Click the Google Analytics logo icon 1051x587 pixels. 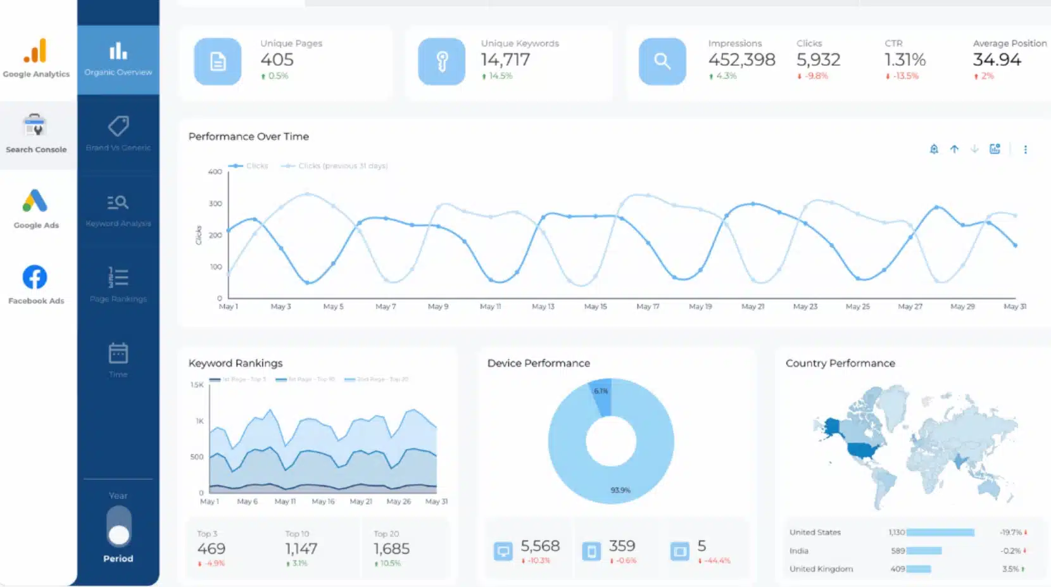click(35, 51)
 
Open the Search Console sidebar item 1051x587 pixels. click(36, 134)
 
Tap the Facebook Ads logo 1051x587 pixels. click(35, 277)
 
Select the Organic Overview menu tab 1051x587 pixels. click(118, 59)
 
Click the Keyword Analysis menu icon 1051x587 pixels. click(118, 203)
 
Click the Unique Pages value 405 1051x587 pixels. click(277, 60)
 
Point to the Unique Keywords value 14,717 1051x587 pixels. click(505, 60)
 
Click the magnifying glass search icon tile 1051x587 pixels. click(662, 61)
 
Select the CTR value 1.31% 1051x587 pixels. click(905, 60)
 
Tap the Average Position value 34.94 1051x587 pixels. click(997, 60)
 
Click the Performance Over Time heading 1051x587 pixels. click(249, 137)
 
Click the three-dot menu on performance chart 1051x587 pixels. click(1025, 149)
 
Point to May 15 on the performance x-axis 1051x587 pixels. click(595, 306)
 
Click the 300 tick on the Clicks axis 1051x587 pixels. click(216, 204)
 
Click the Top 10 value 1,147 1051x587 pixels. click(301, 549)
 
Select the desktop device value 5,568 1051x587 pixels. click(539, 546)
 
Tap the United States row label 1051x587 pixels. click(815, 533)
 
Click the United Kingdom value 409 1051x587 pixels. click(897, 569)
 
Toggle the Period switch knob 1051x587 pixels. click(118, 535)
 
